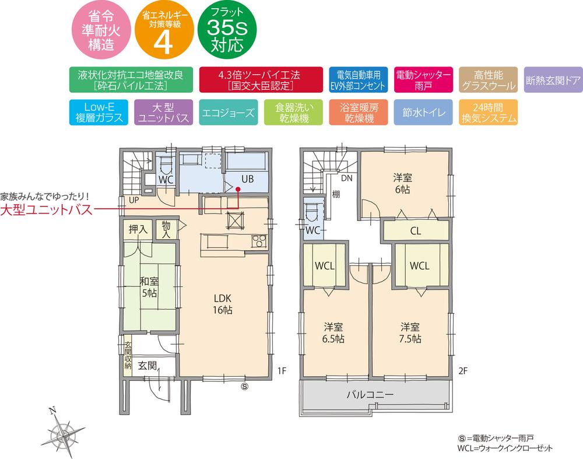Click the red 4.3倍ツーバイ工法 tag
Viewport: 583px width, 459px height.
tap(259, 80)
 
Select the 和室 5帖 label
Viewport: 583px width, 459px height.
tap(147, 286)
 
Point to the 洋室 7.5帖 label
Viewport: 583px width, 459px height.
tap(410, 332)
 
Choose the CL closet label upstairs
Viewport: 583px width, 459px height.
tap(415, 231)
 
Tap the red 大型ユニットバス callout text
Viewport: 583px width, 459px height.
tap(46, 210)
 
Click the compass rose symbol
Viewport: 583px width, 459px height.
tap(64, 433)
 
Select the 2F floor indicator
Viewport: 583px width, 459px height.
tap(463, 370)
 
